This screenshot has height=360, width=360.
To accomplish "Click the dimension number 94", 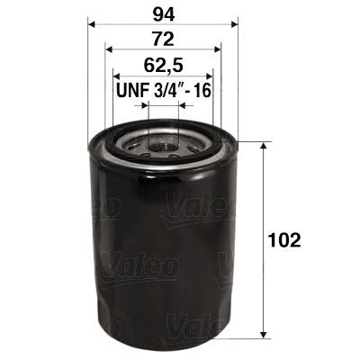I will point(164,14).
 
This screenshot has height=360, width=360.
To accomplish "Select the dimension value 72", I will point(164,39).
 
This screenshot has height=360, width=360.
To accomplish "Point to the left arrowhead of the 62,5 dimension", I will point(116,76).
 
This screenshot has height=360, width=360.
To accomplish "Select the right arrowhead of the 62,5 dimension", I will point(211,76).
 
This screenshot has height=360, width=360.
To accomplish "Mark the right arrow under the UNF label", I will point(184,104).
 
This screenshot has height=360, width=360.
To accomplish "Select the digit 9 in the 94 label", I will point(158,14).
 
